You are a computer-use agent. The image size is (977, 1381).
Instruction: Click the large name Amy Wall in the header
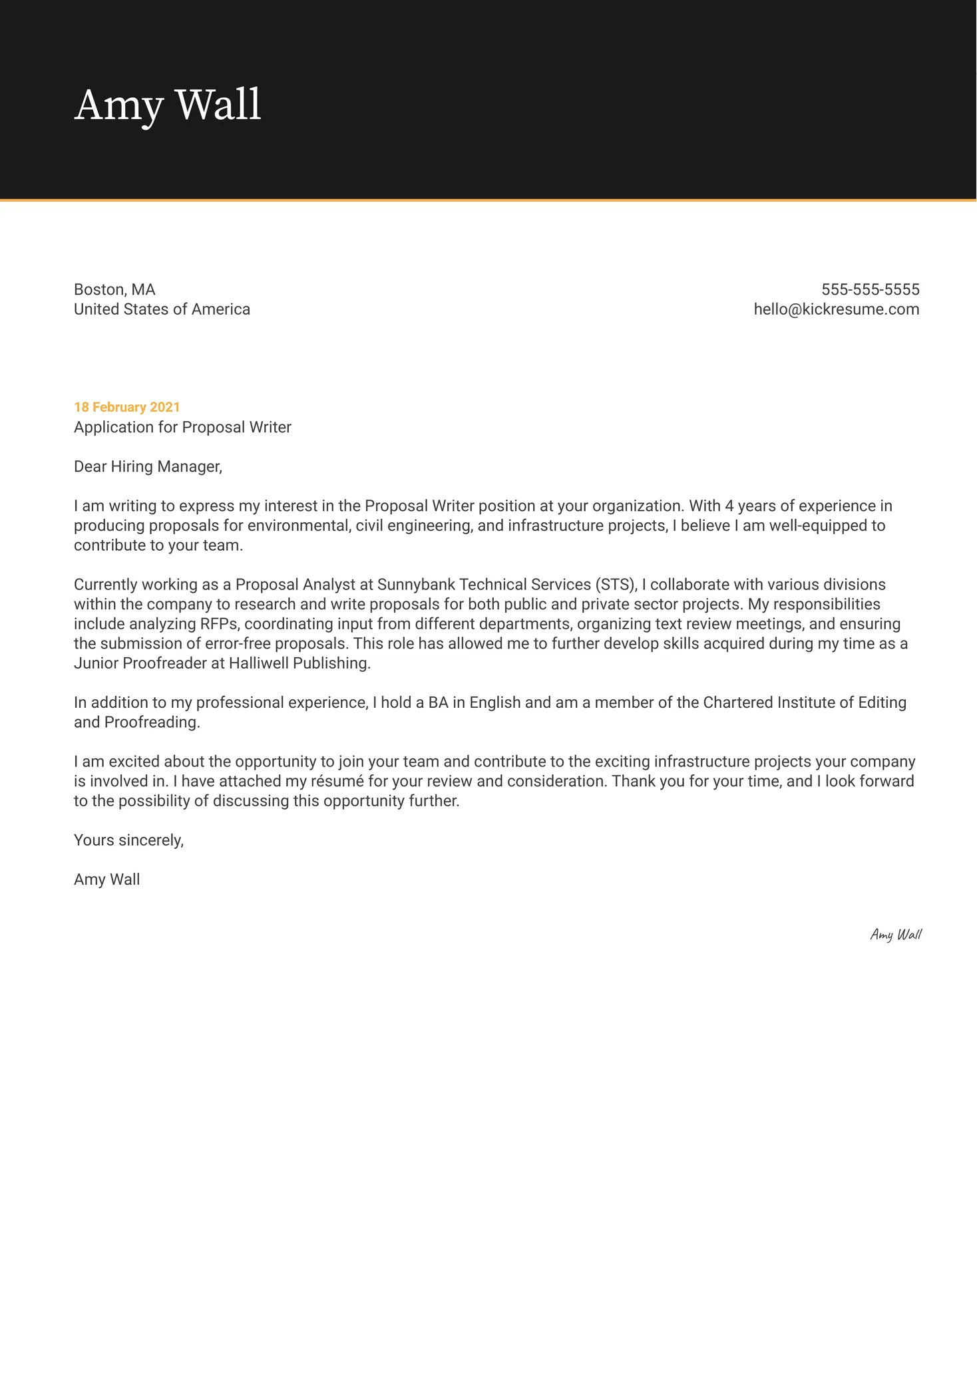coord(168,105)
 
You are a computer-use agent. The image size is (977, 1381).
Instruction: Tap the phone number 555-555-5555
coord(870,289)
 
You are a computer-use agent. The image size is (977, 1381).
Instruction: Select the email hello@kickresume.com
coord(836,309)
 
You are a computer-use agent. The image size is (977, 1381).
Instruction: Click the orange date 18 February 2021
coord(126,407)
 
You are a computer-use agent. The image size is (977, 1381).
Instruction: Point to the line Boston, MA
coord(114,289)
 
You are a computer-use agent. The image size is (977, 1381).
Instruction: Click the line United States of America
coord(162,309)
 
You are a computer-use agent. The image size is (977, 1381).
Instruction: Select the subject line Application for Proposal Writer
coord(182,427)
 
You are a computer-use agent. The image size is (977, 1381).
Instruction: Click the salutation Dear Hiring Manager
coord(148,466)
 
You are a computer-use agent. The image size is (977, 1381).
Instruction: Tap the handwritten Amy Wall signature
coord(895,935)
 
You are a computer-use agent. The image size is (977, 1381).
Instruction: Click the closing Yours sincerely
coord(128,840)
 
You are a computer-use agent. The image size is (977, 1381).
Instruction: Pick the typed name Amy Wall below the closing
coord(106,879)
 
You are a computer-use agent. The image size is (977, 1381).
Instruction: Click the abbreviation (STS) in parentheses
coord(616,585)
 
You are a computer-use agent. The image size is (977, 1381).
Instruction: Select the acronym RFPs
coord(218,624)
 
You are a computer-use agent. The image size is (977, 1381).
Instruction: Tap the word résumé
coord(337,781)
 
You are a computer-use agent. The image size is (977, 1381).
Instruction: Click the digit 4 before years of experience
coord(729,506)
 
